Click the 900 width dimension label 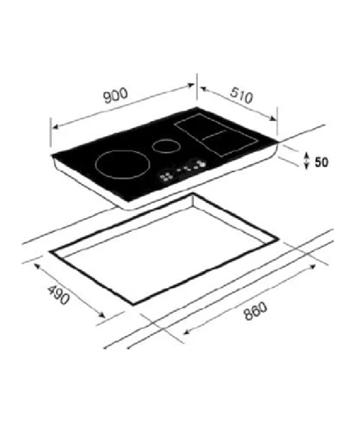click(x=116, y=96)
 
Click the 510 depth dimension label click(x=241, y=95)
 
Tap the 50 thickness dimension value click(x=321, y=162)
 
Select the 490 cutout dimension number click(x=58, y=294)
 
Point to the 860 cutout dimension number click(x=256, y=311)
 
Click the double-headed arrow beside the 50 click(x=307, y=161)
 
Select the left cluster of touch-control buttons click(x=166, y=176)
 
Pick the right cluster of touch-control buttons click(x=196, y=164)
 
